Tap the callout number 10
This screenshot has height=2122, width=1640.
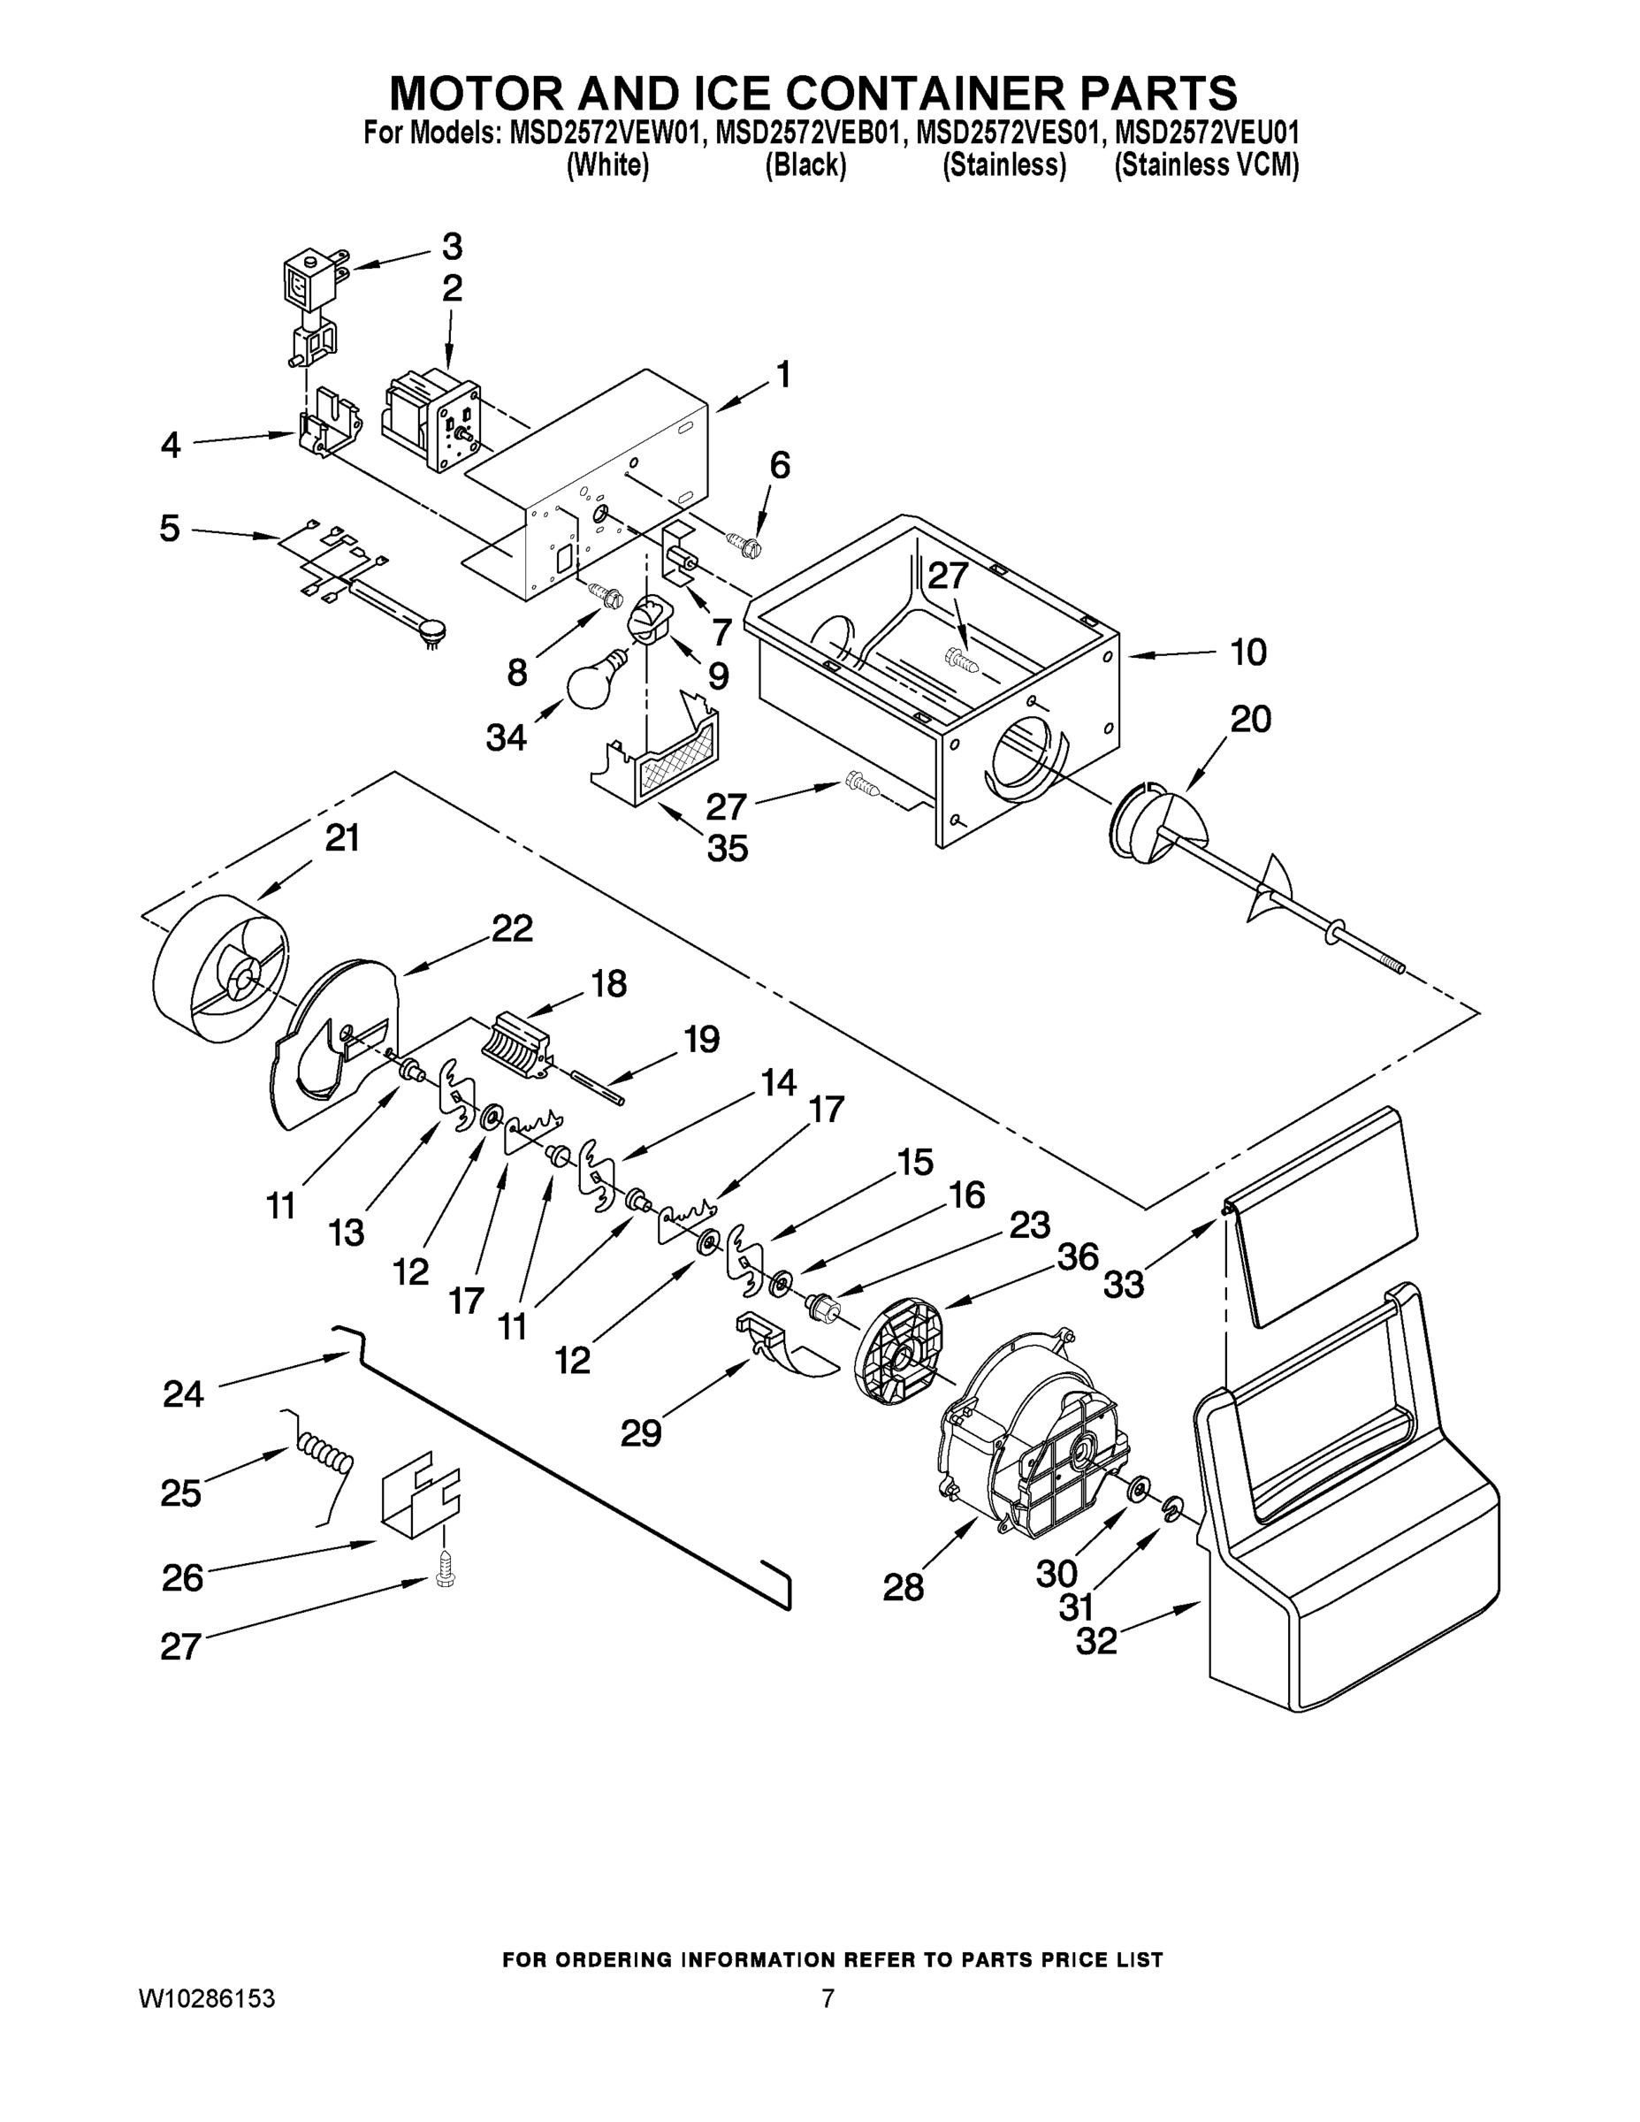(x=1248, y=652)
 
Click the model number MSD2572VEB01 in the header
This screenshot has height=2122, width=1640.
(x=807, y=132)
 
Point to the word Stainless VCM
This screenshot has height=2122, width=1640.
(x=1207, y=166)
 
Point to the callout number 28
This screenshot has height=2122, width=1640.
(x=903, y=1588)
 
